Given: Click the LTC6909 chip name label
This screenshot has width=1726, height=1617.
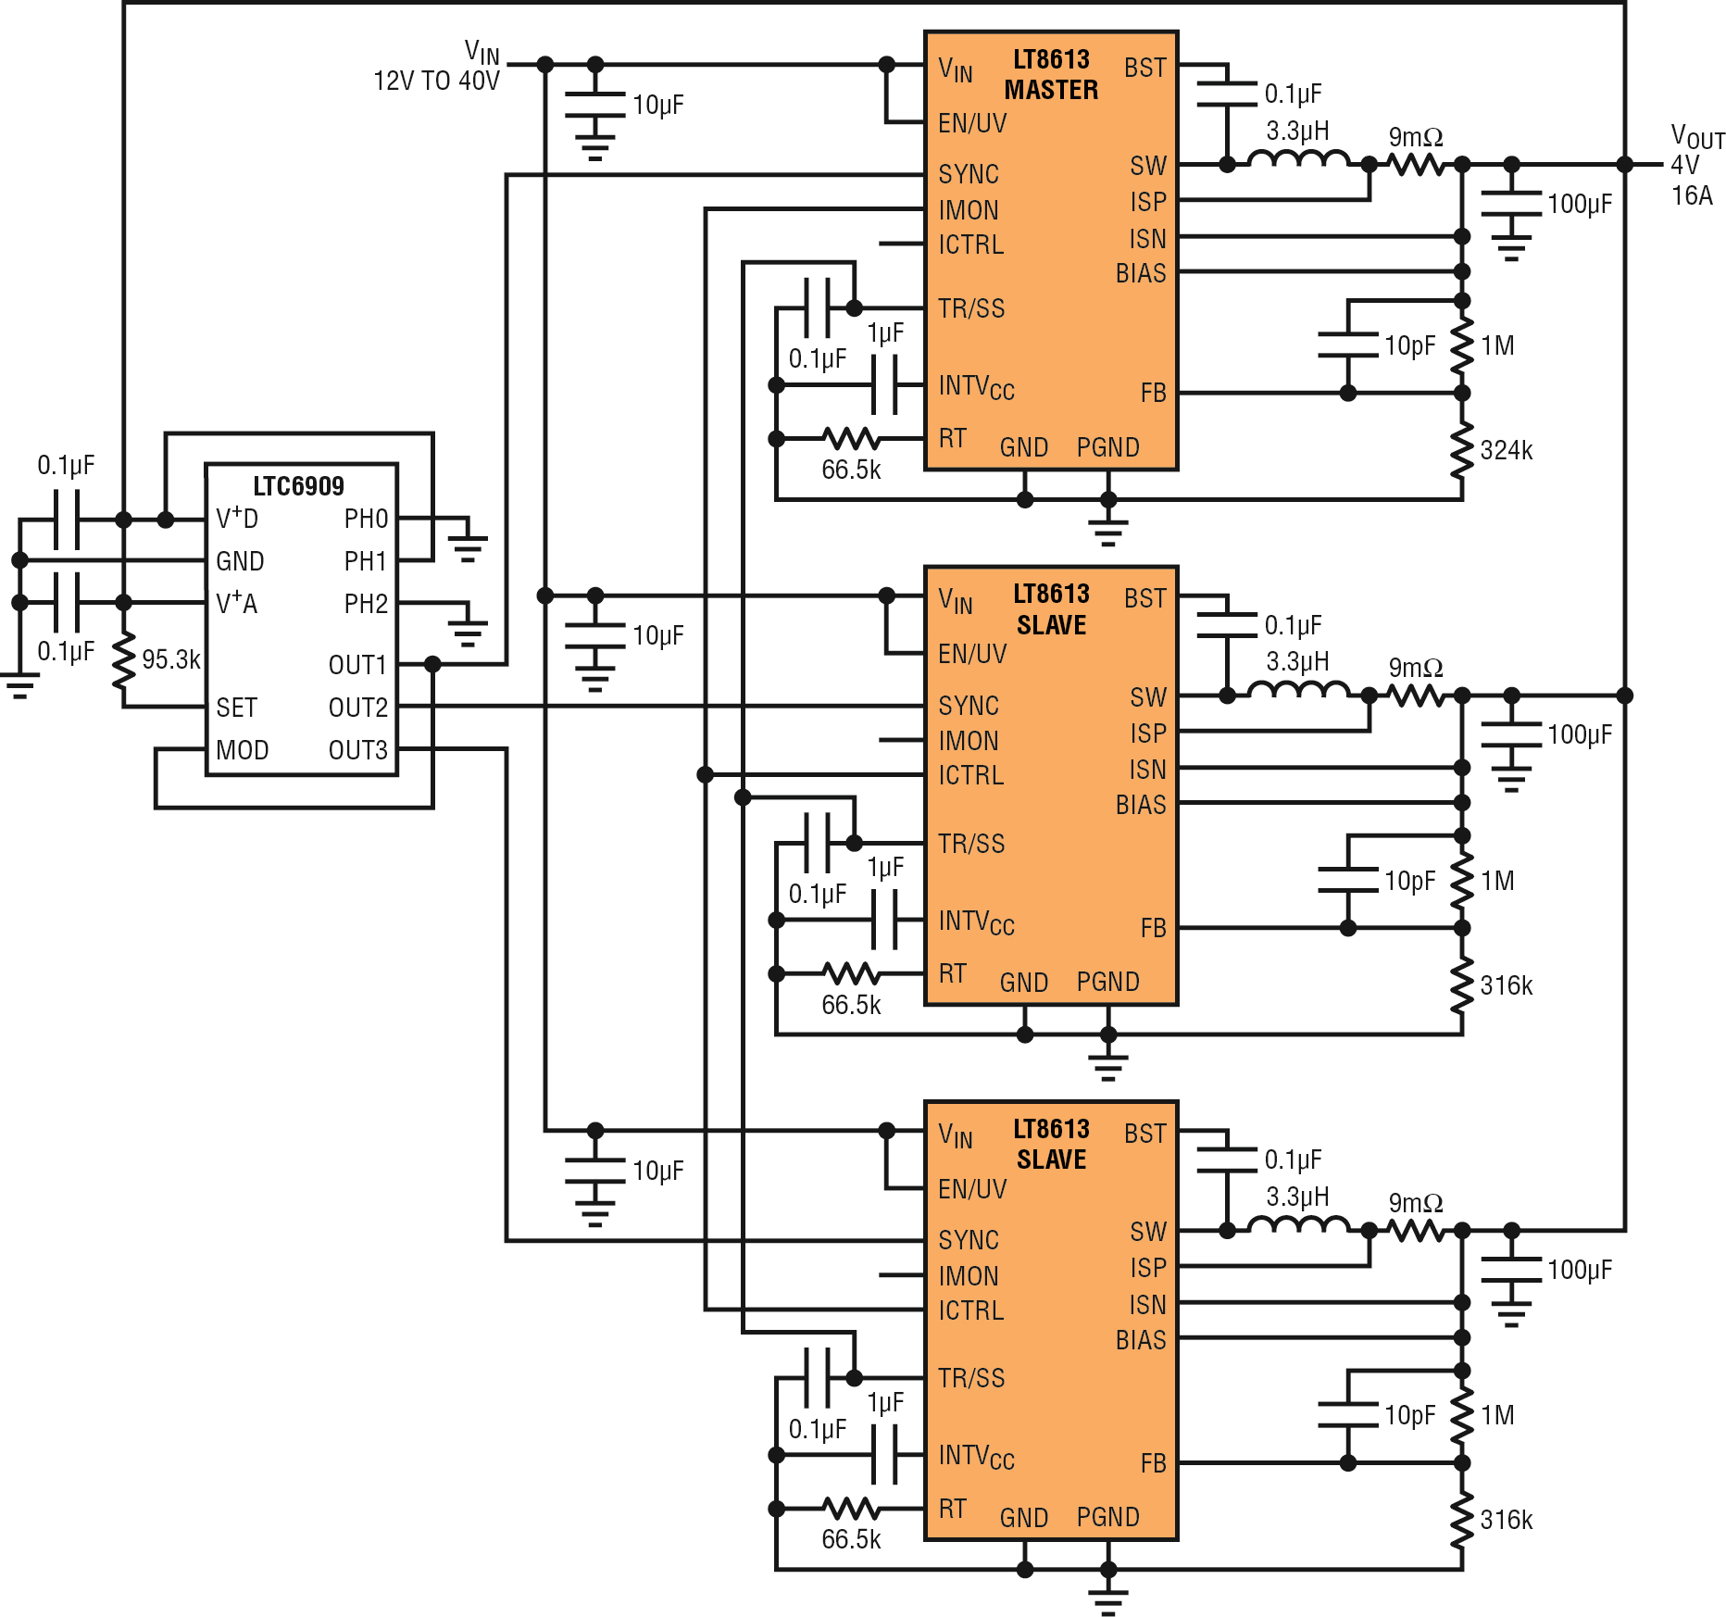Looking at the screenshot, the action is (x=298, y=486).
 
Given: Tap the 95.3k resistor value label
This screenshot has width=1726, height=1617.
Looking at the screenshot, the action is (x=171, y=659).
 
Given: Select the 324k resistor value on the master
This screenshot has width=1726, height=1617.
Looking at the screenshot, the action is (x=1507, y=451).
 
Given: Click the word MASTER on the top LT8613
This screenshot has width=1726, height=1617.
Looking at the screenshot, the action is (x=1051, y=90).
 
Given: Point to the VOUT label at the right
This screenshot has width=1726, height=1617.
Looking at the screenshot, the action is (x=1697, y=137).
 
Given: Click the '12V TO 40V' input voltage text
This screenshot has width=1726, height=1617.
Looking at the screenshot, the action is (x=436, y=81).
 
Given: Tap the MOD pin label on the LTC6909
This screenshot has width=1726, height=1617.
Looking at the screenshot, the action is (x=242, y=750).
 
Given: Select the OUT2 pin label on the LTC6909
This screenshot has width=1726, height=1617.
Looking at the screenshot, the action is (x=357, y=708).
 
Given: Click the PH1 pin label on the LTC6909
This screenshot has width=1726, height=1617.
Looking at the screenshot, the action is (x=366, y=561).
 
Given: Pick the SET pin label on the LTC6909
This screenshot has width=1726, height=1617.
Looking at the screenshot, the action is (x=236, y=708).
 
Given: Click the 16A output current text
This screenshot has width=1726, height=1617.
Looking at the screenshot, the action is (x=1692, y=195).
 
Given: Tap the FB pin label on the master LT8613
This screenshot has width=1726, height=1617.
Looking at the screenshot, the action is (x=1153, y=394).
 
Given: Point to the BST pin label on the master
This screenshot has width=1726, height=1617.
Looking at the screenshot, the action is (x=1145, y=68).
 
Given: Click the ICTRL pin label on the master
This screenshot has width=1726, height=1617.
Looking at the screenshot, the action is (x=970, y=244).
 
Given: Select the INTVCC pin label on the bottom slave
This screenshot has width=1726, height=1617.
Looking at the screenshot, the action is (x=976, y=1457).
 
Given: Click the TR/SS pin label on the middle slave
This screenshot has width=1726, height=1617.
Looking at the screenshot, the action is (x=971, y=844).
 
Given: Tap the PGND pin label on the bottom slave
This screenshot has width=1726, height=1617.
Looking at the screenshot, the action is (x=1107, y=1517).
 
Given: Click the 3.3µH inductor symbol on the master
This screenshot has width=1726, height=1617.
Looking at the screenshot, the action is (x=1298, y=159).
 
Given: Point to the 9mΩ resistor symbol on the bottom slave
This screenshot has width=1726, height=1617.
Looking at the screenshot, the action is (x=1417, y=1231).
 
